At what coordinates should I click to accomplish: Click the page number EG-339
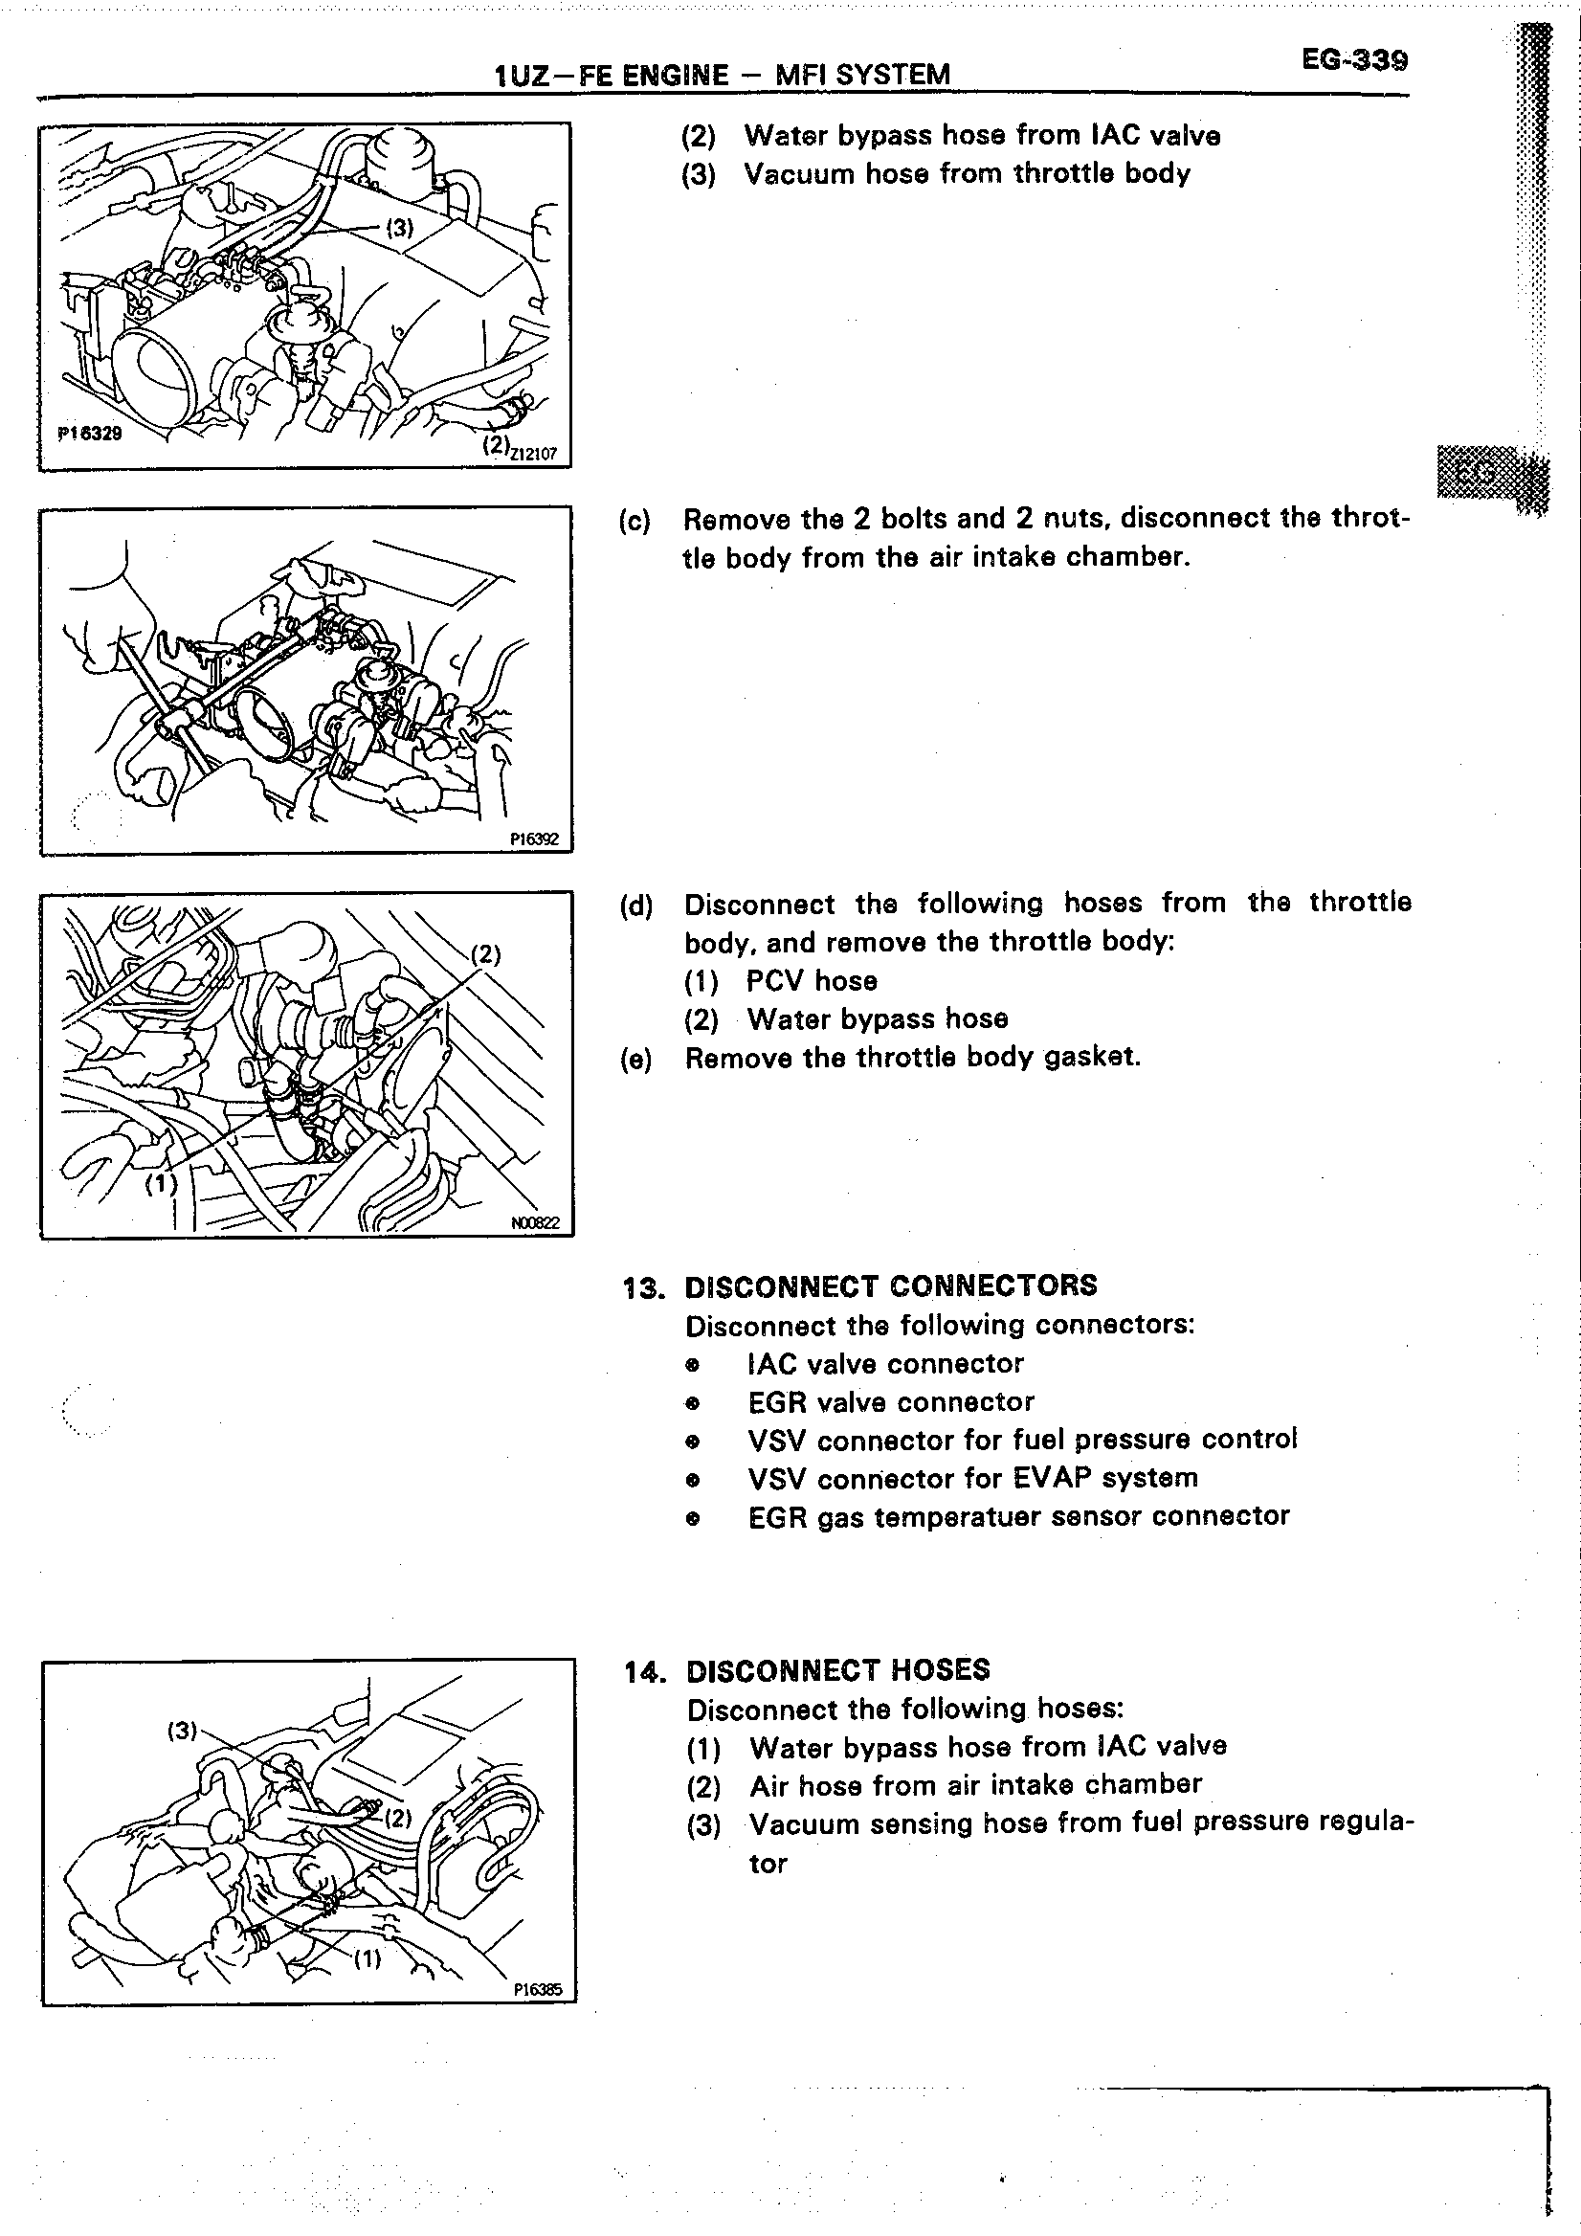(1354, 61)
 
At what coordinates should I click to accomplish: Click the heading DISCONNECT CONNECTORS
(891, 1286)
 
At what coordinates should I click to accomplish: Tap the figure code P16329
(90, 434)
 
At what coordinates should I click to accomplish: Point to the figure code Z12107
(533, 453)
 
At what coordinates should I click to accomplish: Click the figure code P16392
(534, 838)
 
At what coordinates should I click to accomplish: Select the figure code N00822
(535, 1223)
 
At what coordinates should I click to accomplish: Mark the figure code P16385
(538, 1991)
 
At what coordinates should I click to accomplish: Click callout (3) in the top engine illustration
(399, 227)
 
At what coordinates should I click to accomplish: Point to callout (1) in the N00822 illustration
(162, 1184)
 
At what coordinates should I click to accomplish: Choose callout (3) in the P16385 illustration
(182, 1731)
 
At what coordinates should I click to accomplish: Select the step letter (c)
(635, 521)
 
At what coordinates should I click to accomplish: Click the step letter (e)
(635, 1060)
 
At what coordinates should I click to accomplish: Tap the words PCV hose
(812, 982)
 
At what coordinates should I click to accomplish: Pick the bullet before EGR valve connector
(692, 1403)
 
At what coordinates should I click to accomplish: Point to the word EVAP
(1053, 1478)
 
